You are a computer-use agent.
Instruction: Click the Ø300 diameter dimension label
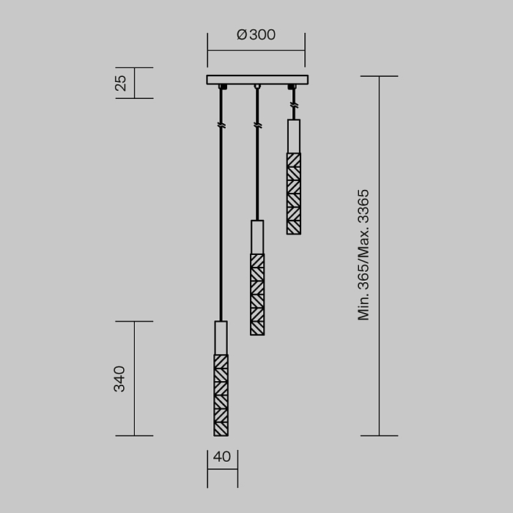pos(256,35)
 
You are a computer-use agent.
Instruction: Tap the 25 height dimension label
pos(122,83)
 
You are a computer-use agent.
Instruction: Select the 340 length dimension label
pos(119,378)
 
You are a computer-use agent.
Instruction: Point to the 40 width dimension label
pos(221,457)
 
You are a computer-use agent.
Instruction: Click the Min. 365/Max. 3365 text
pos(363,255)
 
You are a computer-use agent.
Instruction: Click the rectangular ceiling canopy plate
pos(256,80)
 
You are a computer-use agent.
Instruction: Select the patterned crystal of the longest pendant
pos(221,395)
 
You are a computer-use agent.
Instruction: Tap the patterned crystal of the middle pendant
pos(257,294)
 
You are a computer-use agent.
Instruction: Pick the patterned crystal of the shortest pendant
pos(293,193)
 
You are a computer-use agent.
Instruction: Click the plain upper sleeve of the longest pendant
pos(221,338)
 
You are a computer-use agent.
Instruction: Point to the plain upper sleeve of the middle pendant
pos(257,237)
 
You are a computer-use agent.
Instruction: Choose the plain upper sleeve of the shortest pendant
pos(293,136)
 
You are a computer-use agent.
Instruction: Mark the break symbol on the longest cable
pos(221,126)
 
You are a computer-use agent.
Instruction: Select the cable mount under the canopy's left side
pos(221,87)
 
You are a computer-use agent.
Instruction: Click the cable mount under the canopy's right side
pos(293,88)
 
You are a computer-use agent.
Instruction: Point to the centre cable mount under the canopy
pos(257,87)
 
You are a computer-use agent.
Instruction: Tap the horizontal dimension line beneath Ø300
pos(256,51)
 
